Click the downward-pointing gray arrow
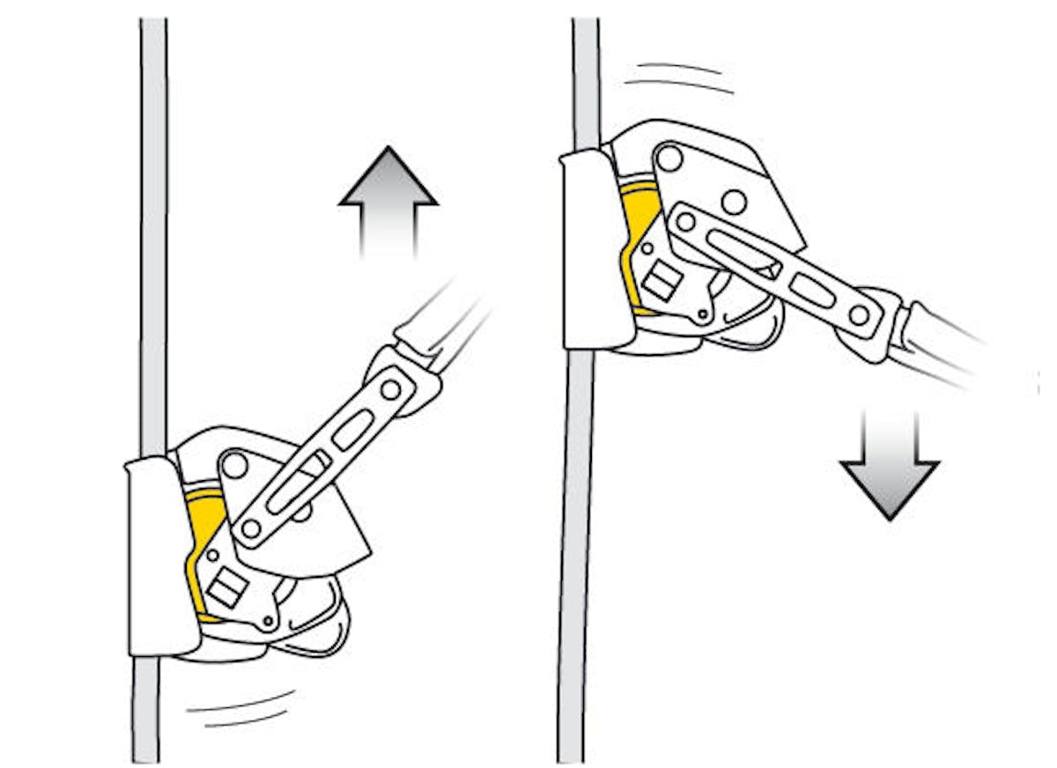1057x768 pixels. (x=890, y=467)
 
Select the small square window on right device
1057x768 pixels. (x=662, y=280)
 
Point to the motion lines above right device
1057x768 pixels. (x=678, y=77)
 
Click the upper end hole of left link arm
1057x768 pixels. (x=389, y=389)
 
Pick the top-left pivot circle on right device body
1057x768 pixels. (x=669, y=159)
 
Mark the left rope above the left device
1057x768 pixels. (x=153, y=220)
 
